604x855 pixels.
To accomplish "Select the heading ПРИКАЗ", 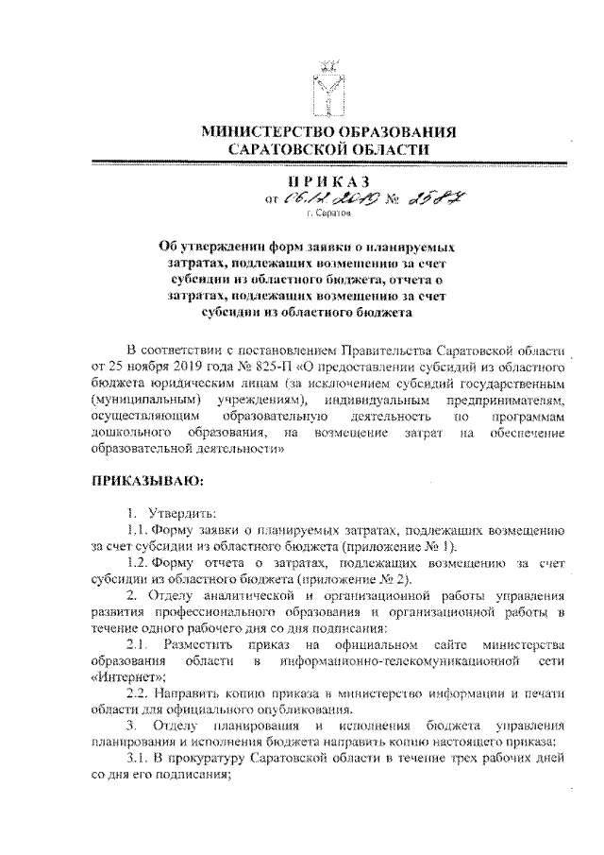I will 328,180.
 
